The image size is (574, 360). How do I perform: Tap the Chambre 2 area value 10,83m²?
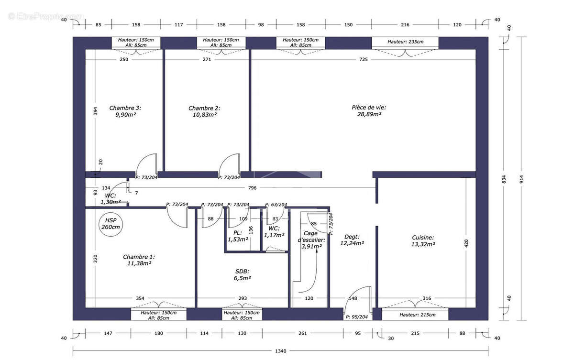(205, 115)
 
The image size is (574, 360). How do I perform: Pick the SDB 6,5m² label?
(242, 275)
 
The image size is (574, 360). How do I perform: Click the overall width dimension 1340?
(281, 351)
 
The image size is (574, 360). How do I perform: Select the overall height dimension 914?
(522, 179)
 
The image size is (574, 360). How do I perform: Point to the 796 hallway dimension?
(252, 188)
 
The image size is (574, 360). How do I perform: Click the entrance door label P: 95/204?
(357, 317)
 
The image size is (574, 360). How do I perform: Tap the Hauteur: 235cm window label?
(406, 42)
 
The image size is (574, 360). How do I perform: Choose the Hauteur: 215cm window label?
(418, 315)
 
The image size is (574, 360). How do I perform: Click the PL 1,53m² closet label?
(238, 236)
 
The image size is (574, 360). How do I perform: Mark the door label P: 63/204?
(276, 205)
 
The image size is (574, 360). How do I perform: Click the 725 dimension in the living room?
(364, 59)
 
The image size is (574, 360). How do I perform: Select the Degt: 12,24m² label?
(352, 240)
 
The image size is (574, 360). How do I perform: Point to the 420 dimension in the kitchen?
(466, 243)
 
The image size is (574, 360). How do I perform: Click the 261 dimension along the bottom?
(303, 333)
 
